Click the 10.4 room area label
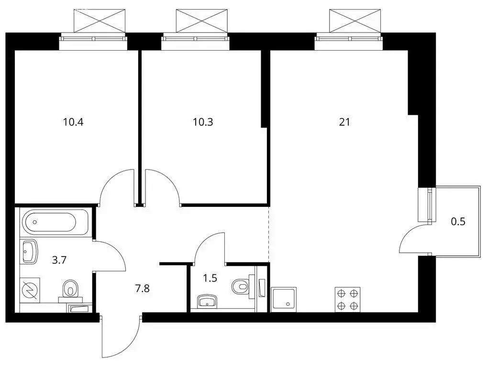73,122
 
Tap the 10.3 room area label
203,122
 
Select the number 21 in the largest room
344,122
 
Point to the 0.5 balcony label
458,221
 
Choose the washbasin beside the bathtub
30,251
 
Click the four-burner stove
348,300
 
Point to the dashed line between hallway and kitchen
269,234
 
